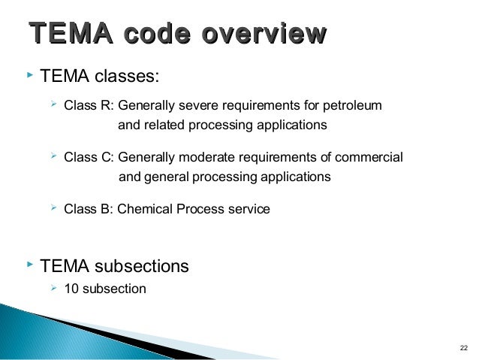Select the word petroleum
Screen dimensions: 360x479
[350, 105]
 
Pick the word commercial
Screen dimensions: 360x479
[369, 158]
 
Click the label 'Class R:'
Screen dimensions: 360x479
[89, 105]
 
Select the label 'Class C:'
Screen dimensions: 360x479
[89, 158]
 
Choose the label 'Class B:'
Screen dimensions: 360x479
[89, 210]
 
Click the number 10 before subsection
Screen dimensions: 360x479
[71, 288]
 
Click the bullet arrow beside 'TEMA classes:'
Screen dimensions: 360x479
[29, 75]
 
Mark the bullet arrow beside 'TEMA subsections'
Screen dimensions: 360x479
[29, 265]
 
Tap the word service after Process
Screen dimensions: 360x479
[248, 210]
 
